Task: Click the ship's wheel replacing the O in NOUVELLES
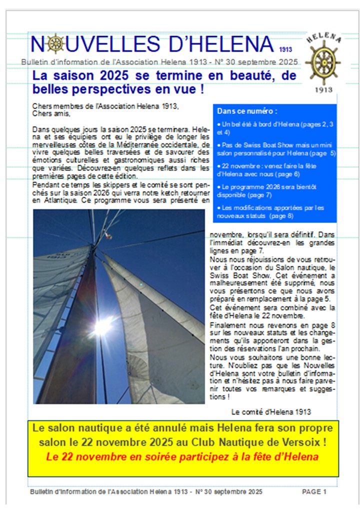(x=55, y=44)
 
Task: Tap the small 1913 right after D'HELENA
(x=286, y=50)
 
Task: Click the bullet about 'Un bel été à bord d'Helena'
(x=276, y=127)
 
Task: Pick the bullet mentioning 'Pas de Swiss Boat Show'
(x=276, y=148)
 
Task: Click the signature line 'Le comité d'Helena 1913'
(x=271, y=412)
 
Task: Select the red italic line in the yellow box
(x=182, y=456)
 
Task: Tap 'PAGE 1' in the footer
(x=314, y=491)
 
